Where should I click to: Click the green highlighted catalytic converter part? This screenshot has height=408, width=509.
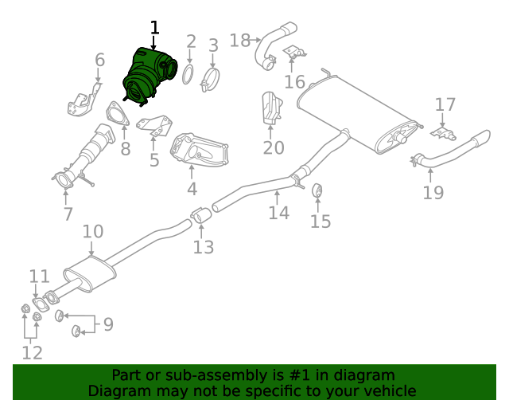coord(147,76)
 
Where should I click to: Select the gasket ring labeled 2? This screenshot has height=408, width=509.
coord(188,75)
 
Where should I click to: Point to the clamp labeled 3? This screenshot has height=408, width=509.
coord(211,79)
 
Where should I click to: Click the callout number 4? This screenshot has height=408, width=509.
coord(192,189)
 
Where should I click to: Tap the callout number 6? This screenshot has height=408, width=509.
coord(99,60)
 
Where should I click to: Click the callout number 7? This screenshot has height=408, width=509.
coord(68,214)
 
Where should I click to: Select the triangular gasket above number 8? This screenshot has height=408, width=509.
coord(117,115)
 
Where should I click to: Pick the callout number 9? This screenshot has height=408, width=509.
coord(108,324)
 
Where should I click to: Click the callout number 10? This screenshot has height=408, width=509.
coord(93,232)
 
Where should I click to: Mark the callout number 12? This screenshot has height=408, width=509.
coord(32,352)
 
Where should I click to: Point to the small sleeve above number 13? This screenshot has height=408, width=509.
coord(200,214)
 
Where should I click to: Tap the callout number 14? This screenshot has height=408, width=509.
coord(278,213)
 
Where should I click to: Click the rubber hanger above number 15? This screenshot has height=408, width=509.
coord(317,191)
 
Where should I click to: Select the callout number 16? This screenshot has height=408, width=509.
coord(294,82)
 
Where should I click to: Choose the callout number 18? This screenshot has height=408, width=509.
coord(239,40)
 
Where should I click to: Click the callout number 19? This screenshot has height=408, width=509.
coord(433,192)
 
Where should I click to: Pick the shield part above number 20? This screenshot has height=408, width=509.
coord(271,109)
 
